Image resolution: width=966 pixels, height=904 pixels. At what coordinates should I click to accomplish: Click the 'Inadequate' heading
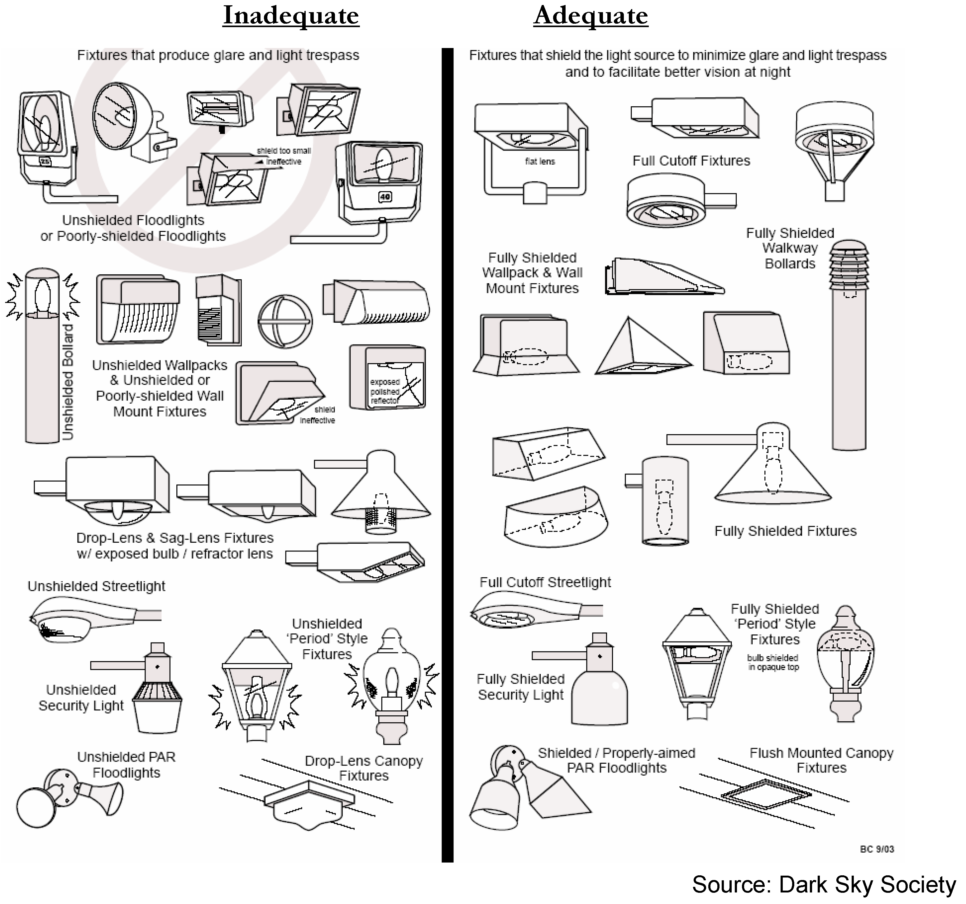(x=290, y=16)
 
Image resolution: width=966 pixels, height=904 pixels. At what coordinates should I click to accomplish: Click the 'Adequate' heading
(x=591, y=16)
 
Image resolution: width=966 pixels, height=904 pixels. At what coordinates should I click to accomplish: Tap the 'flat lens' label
(x=540, y=161)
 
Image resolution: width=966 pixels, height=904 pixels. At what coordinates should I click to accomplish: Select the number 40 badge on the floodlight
(x=385, y=197)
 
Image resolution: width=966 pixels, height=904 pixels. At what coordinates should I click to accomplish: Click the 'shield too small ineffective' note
(x=284, y=156)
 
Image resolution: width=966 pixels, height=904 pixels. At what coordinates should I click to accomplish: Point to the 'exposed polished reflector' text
(x=385, y=391)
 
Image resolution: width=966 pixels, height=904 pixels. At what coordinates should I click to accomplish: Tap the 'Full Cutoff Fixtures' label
(x=691, y=161)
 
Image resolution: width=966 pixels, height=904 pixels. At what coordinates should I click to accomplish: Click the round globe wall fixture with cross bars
(x=285, y=321)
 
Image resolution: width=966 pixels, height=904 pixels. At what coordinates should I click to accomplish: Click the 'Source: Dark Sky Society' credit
(x=824, y=885)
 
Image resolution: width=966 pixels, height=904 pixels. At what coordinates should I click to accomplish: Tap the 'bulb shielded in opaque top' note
(x=772, y=662)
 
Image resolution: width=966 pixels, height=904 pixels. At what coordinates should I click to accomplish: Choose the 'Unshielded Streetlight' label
(x=96, y=586)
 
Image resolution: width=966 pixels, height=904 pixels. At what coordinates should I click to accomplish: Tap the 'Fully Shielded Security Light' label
(x=520, y=687)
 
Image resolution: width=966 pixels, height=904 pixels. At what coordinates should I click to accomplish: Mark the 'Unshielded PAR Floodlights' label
(x=126, y=765)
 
